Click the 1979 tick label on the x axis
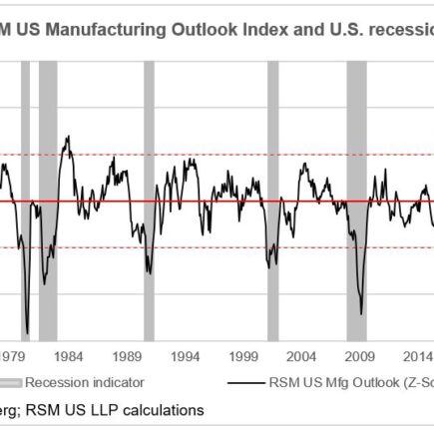[13, 355]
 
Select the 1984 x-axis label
[69, 355]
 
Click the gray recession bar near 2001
[273, 200]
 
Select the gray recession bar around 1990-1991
[149, 200]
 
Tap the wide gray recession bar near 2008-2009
[357, 200]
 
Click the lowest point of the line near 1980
[27, 334]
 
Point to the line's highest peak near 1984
[67, 137]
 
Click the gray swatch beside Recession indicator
[11, 381]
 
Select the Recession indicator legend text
[85, 381]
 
